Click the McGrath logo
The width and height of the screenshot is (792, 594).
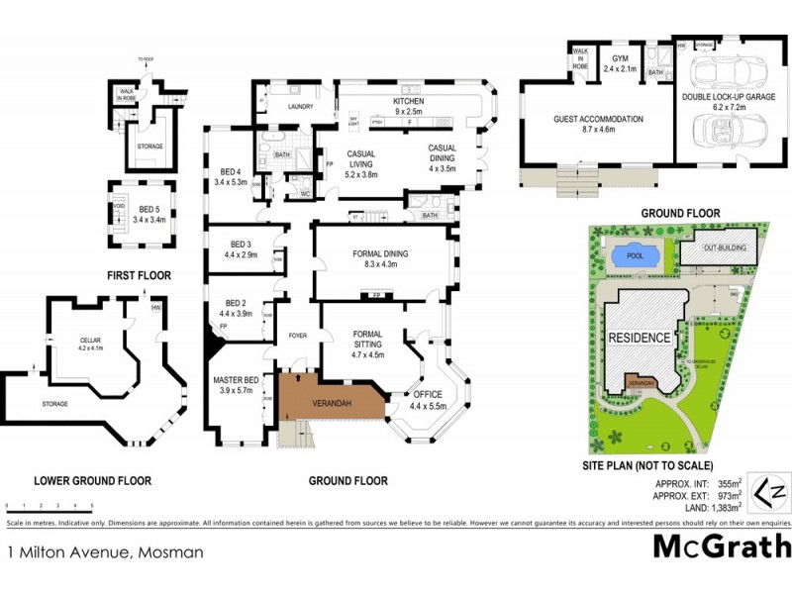coord(722,545)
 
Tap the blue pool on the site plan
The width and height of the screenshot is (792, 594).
coord(634,255)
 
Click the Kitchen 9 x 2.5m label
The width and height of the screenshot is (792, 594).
coord(409,106)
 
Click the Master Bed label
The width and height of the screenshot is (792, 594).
coord(235,385)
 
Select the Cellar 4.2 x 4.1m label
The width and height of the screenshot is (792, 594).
coord(91,345)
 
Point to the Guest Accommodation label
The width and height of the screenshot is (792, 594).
coord(598,124)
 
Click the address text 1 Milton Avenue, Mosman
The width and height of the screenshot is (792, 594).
coord(105,552)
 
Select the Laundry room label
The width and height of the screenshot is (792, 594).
coord(301,106)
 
